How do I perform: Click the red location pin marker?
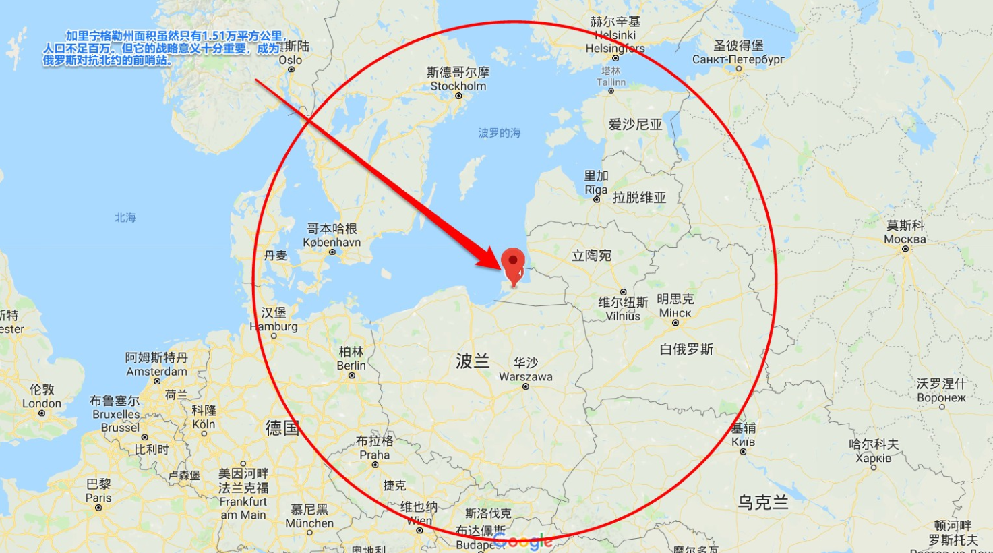[x=513, y=264]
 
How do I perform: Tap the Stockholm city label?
[x=458, y=86]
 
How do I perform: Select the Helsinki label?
[x=615, y=35]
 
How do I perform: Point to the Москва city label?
[x=905, y=239]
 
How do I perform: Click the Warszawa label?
[x=525, y=376]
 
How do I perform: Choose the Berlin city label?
[x=351, y=366]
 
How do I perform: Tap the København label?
[x=332, y=242]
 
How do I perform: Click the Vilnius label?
[x=623, y=316]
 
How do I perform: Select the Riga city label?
[x=596, y=190]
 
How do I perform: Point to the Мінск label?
[x=675, y=313]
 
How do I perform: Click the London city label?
[x=41, y=403]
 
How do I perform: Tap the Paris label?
[x=98, y=498]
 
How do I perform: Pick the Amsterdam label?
[x=156, y=372]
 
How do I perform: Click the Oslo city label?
[x=291, y=60]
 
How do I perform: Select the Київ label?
[x=743, y=442]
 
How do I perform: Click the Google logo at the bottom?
[x=522, y=541]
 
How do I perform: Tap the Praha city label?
[x=374, y=455]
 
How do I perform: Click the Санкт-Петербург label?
[x=738, y=59]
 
